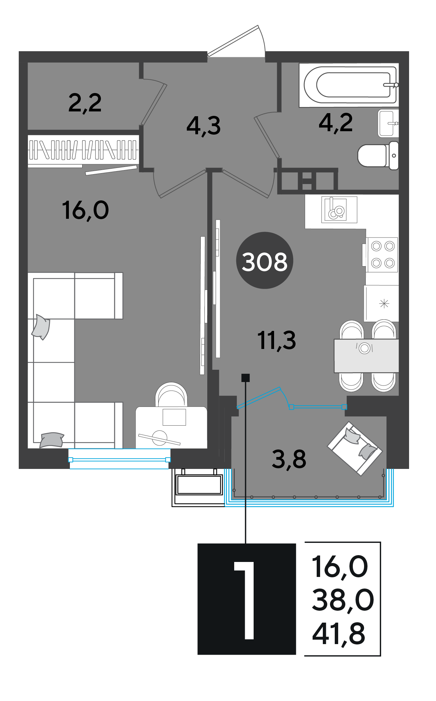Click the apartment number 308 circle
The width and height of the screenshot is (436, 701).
(x=265, y=261)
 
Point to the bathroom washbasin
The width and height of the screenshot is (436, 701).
(x=388, y=123)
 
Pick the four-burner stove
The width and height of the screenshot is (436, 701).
(x=382, y=255)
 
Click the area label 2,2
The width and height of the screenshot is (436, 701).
(x=85, y=103)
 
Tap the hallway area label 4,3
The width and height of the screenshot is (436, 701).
(x=204, y=126)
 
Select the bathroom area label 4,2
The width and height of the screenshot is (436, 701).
(x=336, y=123)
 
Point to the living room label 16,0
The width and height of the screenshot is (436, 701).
(x=86, y=210)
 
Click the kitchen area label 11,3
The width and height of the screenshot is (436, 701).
(x=277, y=340)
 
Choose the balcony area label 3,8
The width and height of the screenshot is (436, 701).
(x=289, y=459)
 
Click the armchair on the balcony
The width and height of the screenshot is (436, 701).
(x=355, y=448)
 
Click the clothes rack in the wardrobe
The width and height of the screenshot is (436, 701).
(x=83, y=150)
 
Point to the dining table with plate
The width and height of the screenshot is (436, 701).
(x=366, y=356)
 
